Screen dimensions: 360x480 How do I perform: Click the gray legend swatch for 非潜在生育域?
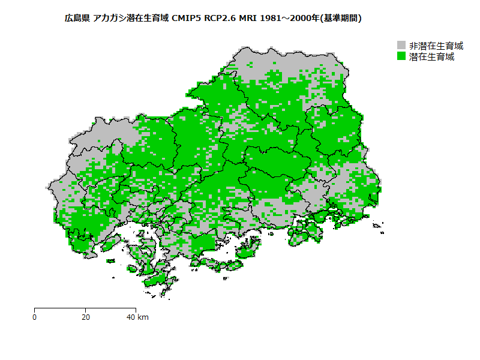point(402,46)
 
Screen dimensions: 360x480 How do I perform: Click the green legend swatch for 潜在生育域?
point(402,57)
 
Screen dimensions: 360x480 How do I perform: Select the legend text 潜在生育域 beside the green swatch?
point(431,57)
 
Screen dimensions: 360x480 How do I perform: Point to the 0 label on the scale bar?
point(34,317)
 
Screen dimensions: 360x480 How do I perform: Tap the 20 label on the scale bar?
point(86,317)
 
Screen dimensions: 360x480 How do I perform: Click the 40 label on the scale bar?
point(131,317)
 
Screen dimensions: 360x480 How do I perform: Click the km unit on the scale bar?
point(143,317)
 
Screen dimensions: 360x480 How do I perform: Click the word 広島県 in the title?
point(77,19)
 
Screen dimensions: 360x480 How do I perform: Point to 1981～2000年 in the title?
point(292,19)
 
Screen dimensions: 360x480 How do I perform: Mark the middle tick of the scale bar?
point(85,310)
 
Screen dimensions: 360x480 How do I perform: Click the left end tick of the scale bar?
point(34,310)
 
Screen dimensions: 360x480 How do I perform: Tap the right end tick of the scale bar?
point(136,310)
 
